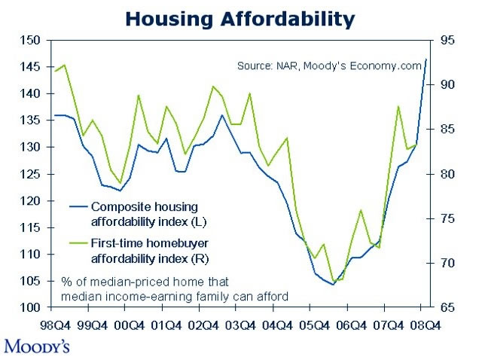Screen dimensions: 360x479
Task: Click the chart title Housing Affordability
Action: click(x=239, y=19)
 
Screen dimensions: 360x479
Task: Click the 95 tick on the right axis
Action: click(x=446, y=40)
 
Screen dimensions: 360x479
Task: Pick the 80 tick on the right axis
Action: click(x=446, y=174)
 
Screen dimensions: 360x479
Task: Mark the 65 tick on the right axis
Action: click(x=446, y=307)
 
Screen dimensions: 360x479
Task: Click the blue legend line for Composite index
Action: click(x=78, y=206)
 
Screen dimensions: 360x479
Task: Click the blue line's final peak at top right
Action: click(x=426, y=59)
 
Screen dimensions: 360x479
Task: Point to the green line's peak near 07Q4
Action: click(x=398, y=106)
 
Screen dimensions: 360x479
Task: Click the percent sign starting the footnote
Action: click(x=66, y=282)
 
